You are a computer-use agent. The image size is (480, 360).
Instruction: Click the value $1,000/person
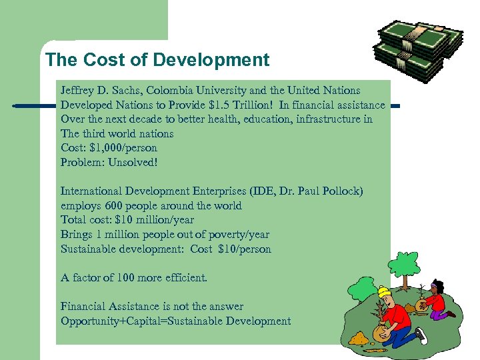pyautogui.click(x=123, y=148)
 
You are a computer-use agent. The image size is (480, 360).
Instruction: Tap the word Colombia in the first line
pyautogui.click(x=175, y=90)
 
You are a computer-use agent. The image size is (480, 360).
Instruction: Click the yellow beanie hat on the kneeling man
pyautogui.click(x=384, y=291)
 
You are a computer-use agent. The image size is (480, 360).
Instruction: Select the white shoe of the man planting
pyautogui.click(x=421, y=333)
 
